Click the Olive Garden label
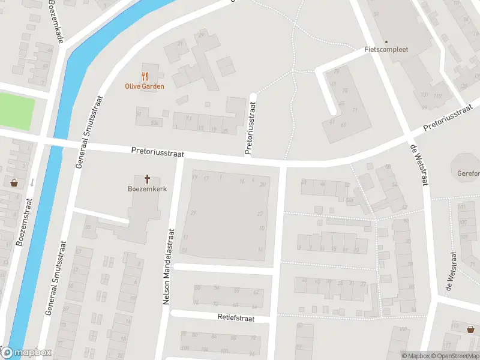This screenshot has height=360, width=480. pos(144,86)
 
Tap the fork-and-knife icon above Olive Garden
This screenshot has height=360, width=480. pos(144,76)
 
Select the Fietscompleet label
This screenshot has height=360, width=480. pos(386,50)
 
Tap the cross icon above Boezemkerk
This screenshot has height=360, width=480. pos(147,178)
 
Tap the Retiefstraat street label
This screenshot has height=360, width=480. pos(236,317)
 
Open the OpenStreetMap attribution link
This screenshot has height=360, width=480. pos(454,356)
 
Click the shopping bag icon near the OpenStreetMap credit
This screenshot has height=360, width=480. pos(471,328)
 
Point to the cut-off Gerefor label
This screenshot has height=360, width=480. pos(469,173)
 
